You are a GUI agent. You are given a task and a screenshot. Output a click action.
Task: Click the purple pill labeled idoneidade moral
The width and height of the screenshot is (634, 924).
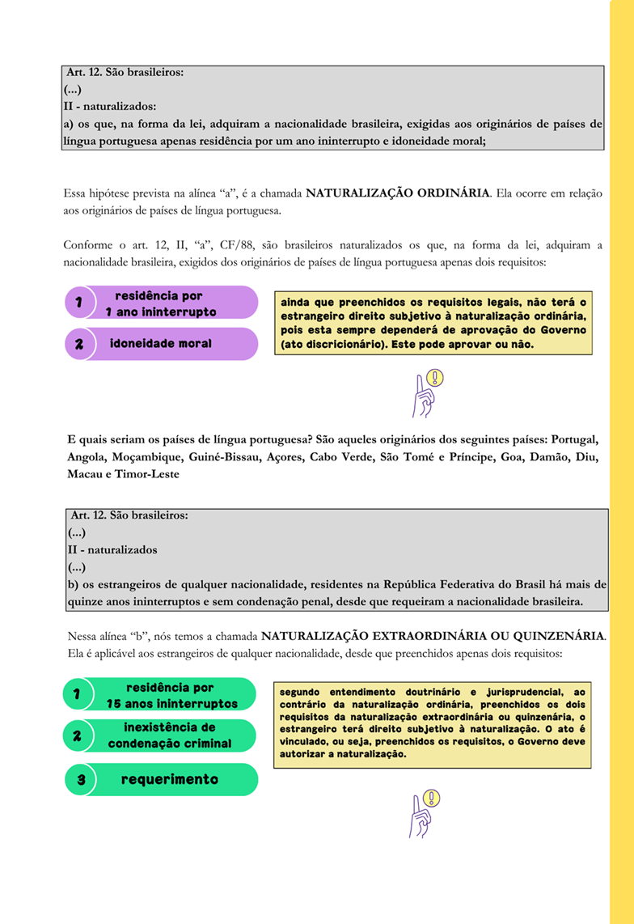[x=161, y=344]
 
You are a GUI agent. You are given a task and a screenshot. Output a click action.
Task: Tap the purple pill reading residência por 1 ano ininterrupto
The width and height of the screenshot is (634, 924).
[x=161, y=303]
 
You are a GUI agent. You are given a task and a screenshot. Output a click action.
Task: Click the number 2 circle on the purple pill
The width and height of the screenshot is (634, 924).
[x=78, y=344]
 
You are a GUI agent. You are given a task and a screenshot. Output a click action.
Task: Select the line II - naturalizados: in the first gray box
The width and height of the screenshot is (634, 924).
[x=109, y=106]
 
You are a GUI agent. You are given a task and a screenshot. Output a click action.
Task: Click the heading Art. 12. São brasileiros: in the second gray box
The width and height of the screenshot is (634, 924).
[x=129, y=515]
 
